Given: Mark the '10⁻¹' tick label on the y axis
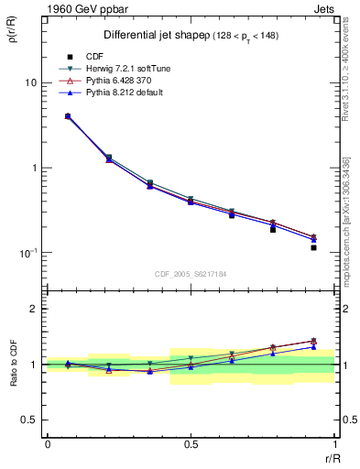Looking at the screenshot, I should click(28, 253).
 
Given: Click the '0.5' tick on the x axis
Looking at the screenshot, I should click(191, 444).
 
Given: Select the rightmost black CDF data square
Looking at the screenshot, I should click(313, 247).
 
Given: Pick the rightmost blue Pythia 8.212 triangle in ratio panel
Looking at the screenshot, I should click(313, 347).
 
